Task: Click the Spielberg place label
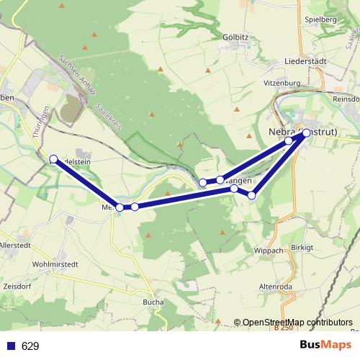321,19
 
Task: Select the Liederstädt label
305,62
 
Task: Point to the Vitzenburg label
281,84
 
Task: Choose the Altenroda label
274,286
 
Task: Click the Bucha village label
153,302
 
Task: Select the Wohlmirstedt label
55,264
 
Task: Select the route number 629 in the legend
30,346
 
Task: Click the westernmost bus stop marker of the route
53,158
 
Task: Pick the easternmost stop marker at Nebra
306,132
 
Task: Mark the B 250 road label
284,329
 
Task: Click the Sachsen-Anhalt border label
74,74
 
